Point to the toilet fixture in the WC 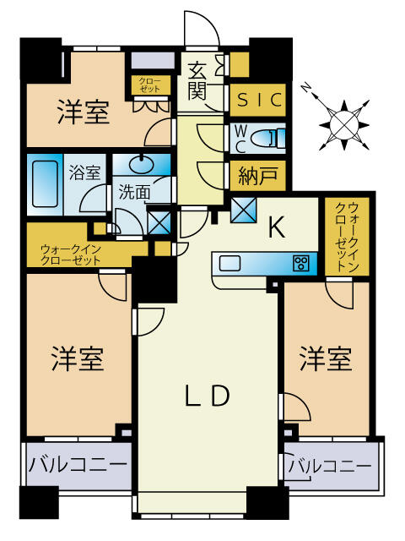point(271,136)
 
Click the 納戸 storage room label point(256,178)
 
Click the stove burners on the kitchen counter point(300,263)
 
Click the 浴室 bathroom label point(84,173)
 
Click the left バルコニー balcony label point(78,465)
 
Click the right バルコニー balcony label point(329,466)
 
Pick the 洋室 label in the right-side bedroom point(326,359)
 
